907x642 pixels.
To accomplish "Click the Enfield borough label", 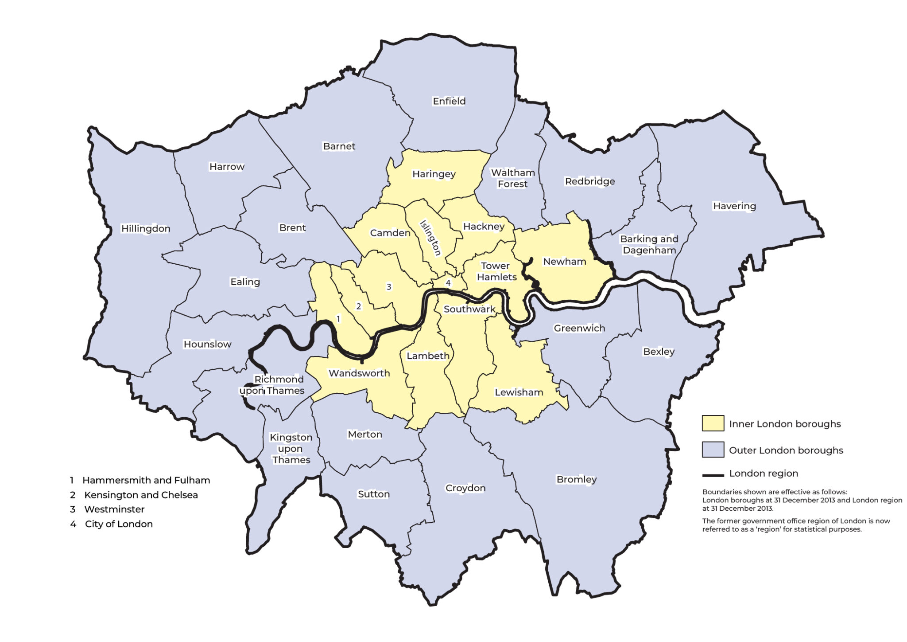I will click(449, 101).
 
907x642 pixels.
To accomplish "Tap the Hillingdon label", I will click(146, 228).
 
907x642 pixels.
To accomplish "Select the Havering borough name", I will click(734, 206).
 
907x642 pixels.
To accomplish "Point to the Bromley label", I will click(576, 479).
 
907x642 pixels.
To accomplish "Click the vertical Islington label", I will click(430, 238).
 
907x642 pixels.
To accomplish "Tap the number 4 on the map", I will click(448, 283).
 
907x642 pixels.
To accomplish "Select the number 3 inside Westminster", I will click(389, 287).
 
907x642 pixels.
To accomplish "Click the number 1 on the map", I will click(338, 319).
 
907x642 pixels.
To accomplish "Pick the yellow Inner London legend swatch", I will click(713, 423).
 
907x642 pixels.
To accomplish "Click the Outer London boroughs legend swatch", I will click(713, 450).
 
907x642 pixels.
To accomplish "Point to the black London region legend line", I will click(713, 475).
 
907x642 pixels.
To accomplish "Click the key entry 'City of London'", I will click(119, 524).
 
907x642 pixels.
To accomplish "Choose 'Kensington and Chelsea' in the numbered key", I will click(141, 495).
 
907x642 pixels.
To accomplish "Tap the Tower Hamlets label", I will click(496, 271).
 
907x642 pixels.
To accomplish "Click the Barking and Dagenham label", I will click(649, 244).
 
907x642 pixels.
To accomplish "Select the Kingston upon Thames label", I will click(291, 448).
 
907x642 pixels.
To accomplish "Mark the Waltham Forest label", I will click(512, 178).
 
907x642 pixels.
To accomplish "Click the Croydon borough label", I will click(465, 488).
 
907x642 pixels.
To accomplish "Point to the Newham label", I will click(564, 262).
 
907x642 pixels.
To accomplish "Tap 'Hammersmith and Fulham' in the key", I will click(146, 480).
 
